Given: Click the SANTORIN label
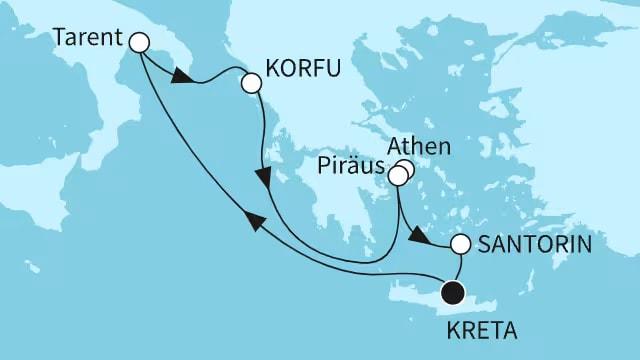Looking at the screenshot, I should coord(533,244).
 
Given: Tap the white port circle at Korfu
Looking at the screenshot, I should coord(250,85).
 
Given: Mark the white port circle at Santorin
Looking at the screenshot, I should coord(461,244).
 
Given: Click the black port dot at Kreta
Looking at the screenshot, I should coord(453,293).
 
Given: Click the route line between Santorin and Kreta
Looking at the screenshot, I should coord(459,267).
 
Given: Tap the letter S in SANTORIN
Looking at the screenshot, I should coord(485,244).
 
